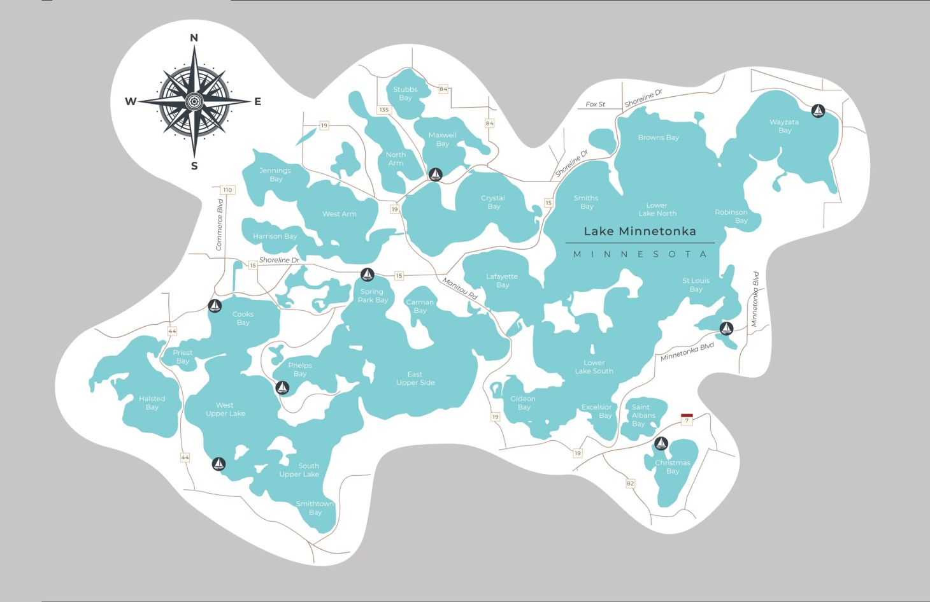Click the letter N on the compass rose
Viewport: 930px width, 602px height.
coord(194,38)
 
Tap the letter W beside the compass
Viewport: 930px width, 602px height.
coord(130,101)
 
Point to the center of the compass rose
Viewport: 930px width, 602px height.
coord(194,101)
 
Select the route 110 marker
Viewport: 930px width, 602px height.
coord(227,190)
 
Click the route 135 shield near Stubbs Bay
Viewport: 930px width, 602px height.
coord(383,110)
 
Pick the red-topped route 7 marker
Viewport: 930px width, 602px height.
coord(687,419)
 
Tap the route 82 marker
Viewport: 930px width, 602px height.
coord(630,483)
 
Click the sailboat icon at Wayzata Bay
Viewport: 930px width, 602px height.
coord(819,111)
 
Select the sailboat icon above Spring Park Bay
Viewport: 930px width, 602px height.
coord(367,275)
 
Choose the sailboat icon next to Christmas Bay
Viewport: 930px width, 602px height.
coord(661,443)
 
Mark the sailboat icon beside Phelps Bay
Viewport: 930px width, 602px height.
coord(282,387)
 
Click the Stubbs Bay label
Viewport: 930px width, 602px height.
coord(405,94)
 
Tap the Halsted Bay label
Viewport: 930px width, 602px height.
coord(152,403)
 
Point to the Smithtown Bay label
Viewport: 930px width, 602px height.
coord(315,508)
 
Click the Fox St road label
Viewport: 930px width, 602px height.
coord(596,104)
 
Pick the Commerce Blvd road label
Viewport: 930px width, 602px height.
coord(219,224)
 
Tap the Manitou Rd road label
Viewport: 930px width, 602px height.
coord(460,289)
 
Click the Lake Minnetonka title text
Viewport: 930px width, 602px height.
coord(640,231)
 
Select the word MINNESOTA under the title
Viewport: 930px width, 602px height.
coord(640,254)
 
